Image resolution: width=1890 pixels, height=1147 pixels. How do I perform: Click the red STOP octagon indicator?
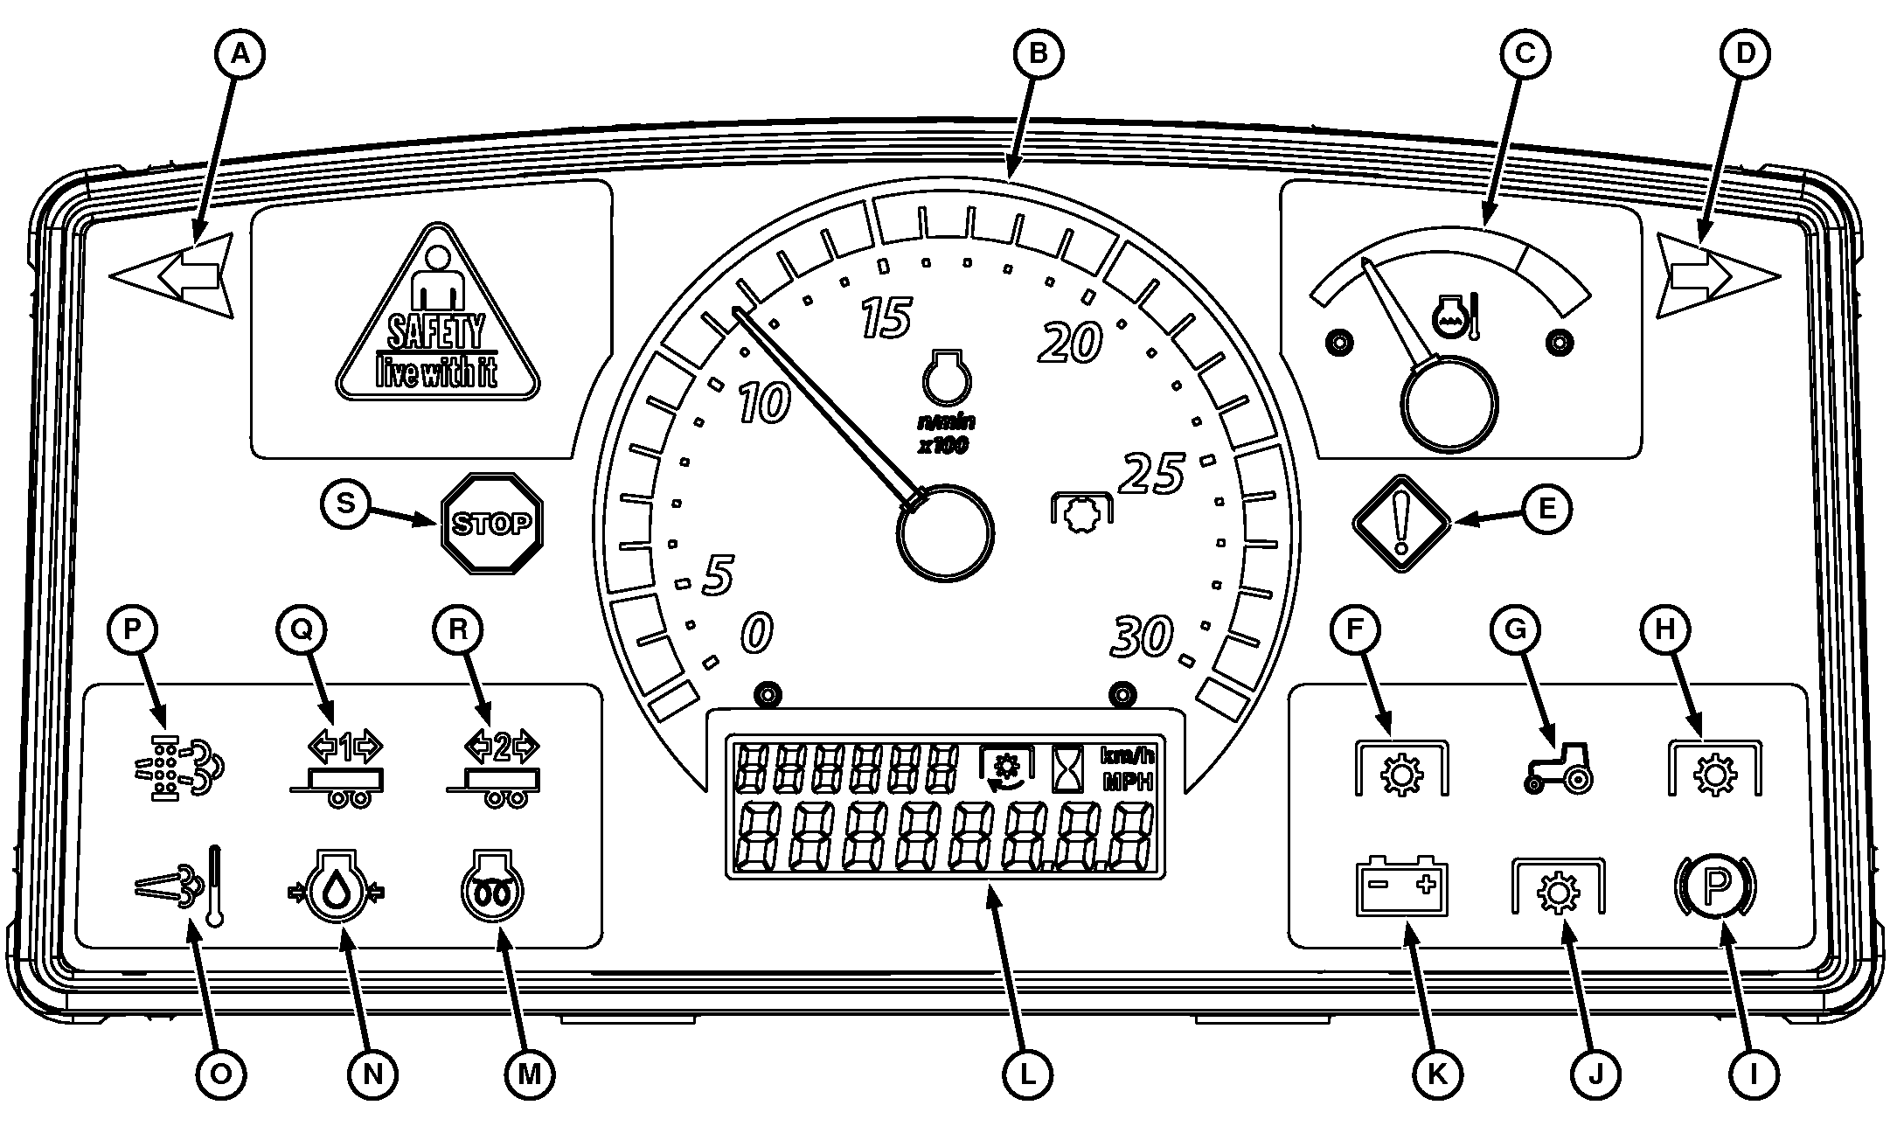coord(492,524)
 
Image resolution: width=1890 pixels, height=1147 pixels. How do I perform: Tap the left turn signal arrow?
coord(175,275)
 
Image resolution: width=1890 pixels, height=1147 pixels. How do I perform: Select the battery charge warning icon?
coord(1401,886)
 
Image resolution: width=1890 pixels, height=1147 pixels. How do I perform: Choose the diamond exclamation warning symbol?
coord(1401,524)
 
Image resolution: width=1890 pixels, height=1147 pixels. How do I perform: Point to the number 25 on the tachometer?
coord(1152,474)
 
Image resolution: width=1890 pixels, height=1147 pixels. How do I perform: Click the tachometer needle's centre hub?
coord(945,532)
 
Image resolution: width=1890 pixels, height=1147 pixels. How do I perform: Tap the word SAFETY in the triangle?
coord(435,333)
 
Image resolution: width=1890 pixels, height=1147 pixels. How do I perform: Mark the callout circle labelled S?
coord(346,504)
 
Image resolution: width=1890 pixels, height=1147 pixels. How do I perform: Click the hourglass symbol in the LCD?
coord(1068,768)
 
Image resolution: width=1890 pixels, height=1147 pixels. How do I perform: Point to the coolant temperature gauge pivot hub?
coord(1449,405)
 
